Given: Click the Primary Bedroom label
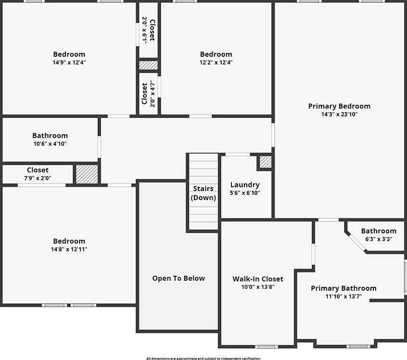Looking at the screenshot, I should click(339, 106).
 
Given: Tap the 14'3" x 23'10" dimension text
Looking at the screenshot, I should click(339, 115).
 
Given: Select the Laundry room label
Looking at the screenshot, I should click(245, 185).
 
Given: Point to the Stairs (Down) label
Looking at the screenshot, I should click(203, 193).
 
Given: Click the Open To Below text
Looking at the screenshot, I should click(178, 278).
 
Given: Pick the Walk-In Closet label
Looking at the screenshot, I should click(258, 279).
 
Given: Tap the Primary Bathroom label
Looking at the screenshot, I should click(343, 288).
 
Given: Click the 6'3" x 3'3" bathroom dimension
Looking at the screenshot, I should click(379, 239).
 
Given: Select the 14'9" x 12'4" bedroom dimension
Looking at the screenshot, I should click(69, 62).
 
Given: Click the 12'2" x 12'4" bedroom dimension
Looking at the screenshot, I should click(216, 62).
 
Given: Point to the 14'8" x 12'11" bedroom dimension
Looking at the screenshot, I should click(69, 249).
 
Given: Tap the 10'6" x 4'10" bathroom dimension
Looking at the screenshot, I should click(50, 143).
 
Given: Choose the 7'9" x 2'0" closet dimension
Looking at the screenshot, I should click(38, 178).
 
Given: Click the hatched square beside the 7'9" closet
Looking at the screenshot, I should click(87, 173).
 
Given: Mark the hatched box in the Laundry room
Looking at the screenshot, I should click(266, 162).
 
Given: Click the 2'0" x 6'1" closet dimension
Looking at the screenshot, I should click(144, 30).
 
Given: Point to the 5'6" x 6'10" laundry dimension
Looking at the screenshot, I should click(245, 193).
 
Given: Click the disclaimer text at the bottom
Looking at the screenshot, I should click(203, 358).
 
